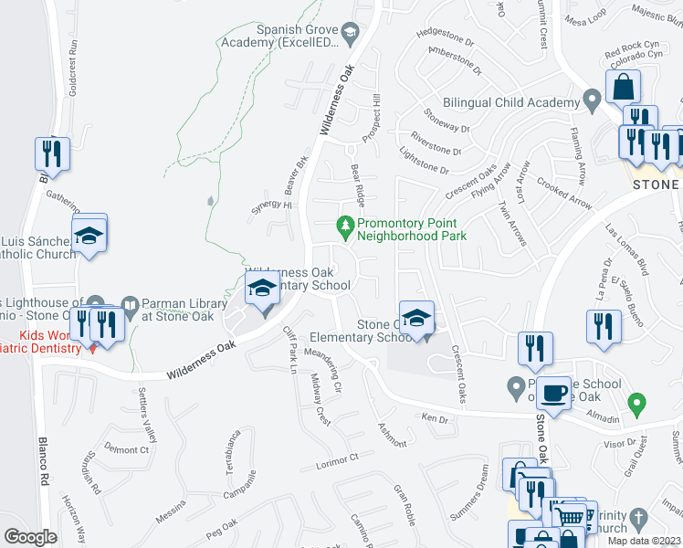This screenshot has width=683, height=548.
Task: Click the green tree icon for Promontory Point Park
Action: [x=345, y=224]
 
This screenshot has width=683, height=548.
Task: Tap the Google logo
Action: [x=30, y=537]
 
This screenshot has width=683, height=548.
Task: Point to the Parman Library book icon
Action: [x=131, y=304]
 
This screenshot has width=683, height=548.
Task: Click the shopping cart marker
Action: [x=570, y=517]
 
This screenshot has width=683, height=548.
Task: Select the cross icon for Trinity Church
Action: [x=638, y=516]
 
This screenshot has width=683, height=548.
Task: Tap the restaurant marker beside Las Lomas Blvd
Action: [x=603, y=327]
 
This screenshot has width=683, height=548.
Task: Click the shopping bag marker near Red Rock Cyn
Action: [x=624, y=87]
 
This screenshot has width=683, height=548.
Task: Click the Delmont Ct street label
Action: [x=126, y=449]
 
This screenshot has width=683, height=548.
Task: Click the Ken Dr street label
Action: [x=435, y=419]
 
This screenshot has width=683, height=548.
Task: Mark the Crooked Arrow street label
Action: [x=563, y=193]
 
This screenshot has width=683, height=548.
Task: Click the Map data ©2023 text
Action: [x=643, y=541]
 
